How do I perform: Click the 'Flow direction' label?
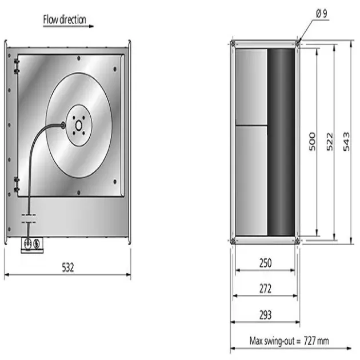65,19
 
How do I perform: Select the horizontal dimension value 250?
265,263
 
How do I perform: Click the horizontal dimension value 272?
265,289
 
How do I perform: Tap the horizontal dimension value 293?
265,314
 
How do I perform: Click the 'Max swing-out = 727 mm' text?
289,341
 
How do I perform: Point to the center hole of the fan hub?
78,125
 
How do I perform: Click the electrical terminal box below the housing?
32,244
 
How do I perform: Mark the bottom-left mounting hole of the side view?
233,241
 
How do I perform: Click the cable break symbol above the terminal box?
28,218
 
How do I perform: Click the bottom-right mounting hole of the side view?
297,241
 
